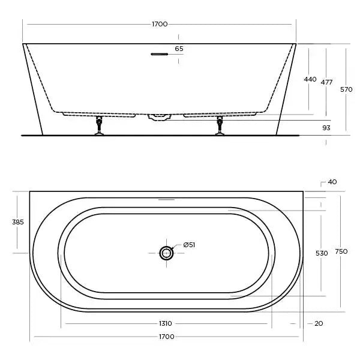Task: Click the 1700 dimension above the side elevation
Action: point(160,24)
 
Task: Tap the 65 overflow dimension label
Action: point(179,49)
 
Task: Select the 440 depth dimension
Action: point(310,79)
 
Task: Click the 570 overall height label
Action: point(346,89)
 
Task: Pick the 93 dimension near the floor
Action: point(326,128)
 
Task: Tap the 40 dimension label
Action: point(332,182)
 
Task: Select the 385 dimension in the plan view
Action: point(18,222)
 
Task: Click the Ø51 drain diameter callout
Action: point(189,245)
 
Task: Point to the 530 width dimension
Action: point(322,253)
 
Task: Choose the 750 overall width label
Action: point(341,251)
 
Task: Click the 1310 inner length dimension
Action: point(166,323)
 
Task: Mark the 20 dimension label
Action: point(319,323)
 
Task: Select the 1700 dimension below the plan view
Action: point(166,337)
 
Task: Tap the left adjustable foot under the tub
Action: point(99,127)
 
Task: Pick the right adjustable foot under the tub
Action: point(220,127)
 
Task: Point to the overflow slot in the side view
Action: point(159,55)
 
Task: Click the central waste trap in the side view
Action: point(159,117)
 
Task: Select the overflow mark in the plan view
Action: point(166,199)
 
